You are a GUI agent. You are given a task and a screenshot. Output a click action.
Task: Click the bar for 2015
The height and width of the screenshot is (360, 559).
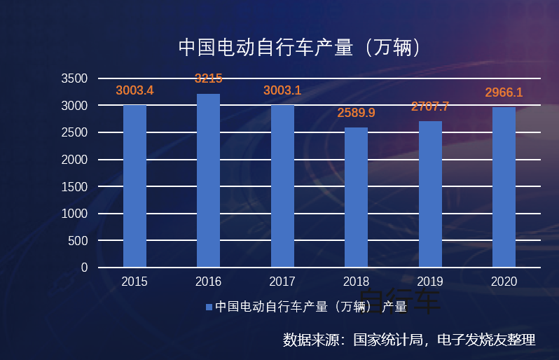point(134,186)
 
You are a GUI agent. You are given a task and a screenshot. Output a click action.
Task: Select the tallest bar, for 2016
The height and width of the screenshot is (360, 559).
point(208,181)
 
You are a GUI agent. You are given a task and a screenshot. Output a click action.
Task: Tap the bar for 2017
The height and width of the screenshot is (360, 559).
point(282,186)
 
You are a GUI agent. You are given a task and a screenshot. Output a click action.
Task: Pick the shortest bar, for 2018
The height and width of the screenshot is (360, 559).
point(356,198)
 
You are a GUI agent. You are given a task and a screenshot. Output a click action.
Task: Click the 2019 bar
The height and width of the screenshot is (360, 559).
point(430,194)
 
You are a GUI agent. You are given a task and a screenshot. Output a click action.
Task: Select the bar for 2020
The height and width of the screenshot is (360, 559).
point(504,187)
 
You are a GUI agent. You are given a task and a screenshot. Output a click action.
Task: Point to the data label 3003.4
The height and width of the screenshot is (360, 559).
point(134,90)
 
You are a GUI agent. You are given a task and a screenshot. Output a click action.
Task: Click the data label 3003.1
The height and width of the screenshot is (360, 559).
point(282,90)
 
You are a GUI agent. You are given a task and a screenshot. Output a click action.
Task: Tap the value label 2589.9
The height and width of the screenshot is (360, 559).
point(356,112)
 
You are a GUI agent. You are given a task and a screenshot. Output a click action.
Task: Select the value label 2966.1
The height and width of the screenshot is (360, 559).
point(504,92)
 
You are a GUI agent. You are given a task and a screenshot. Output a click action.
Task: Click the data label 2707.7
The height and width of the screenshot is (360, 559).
point(430,106)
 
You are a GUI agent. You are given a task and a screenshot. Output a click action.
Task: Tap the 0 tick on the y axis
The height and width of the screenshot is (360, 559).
point(84,268)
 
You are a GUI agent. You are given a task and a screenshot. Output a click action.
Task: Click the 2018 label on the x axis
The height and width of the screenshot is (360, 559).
point(356,282)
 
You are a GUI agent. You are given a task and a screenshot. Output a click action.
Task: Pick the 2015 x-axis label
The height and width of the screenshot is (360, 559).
point(134,282)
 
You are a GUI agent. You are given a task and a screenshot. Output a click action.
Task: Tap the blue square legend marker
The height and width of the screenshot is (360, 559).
point(208,307)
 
